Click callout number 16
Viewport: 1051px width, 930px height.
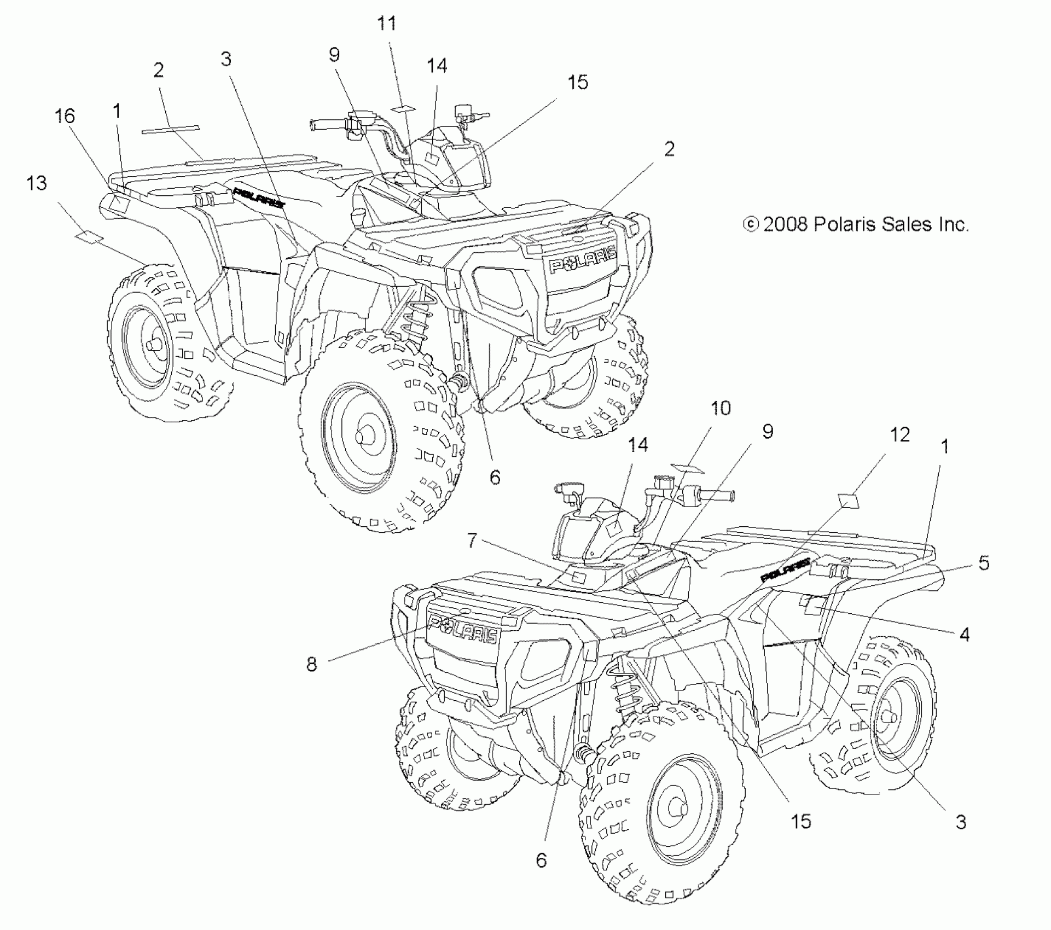click(65, 116)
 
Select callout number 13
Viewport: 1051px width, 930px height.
click(37, 183)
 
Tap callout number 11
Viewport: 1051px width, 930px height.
click(387, 24)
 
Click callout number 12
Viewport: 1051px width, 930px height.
click(900, 435)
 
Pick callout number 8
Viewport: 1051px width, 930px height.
click(311, 664)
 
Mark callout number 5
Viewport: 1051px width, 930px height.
click(984, 562)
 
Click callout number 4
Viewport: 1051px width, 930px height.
click(965, 635)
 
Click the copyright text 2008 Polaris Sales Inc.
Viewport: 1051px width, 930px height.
click(856, 224)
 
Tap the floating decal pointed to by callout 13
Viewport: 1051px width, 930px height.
click(89, 236)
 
